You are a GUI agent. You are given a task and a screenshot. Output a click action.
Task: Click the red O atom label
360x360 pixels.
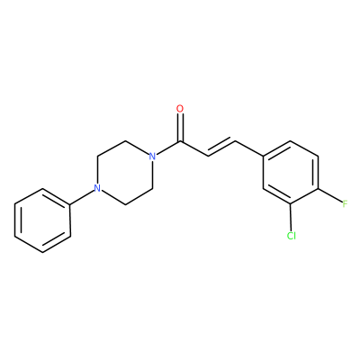tap(180, 109)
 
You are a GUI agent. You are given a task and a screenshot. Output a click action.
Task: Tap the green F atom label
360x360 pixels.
tap(346, 204)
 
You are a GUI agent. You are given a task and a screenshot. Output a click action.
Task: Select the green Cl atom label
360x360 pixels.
tap(291, 236)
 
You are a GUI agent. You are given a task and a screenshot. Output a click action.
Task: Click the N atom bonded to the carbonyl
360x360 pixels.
tap(152, 157)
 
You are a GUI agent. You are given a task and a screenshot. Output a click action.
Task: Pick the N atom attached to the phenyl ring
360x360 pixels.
tap(96, 188)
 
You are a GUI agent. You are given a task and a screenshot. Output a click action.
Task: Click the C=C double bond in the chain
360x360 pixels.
tap(221, 148)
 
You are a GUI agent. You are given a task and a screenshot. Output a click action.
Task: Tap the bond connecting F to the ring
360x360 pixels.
tap(329, 196)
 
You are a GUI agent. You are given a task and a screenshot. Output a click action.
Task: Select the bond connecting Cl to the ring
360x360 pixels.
tap(291, 217)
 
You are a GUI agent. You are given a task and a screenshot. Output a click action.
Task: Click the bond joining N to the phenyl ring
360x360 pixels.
tap(82, 197)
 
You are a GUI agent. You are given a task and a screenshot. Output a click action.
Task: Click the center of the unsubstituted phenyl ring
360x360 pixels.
tap(42, 220)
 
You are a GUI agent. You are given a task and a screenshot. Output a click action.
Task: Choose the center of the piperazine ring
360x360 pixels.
tap(124, 173)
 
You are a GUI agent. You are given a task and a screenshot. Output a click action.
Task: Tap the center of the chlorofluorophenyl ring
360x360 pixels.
tap(291, 173)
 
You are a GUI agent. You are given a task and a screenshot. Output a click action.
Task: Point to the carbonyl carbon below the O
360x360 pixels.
tap(180, 141)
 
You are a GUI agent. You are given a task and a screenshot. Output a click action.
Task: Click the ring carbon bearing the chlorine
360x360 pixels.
tap(291, 204)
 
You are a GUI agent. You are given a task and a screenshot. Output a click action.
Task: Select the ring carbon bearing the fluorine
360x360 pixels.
tap(319, 189)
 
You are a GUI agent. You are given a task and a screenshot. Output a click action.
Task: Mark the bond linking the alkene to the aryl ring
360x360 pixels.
tap(249, 148)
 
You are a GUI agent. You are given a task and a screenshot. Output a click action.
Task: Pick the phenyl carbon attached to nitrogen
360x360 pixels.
tap(70, 205)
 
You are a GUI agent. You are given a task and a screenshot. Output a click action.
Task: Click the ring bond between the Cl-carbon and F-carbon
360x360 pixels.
tap(305, 196)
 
